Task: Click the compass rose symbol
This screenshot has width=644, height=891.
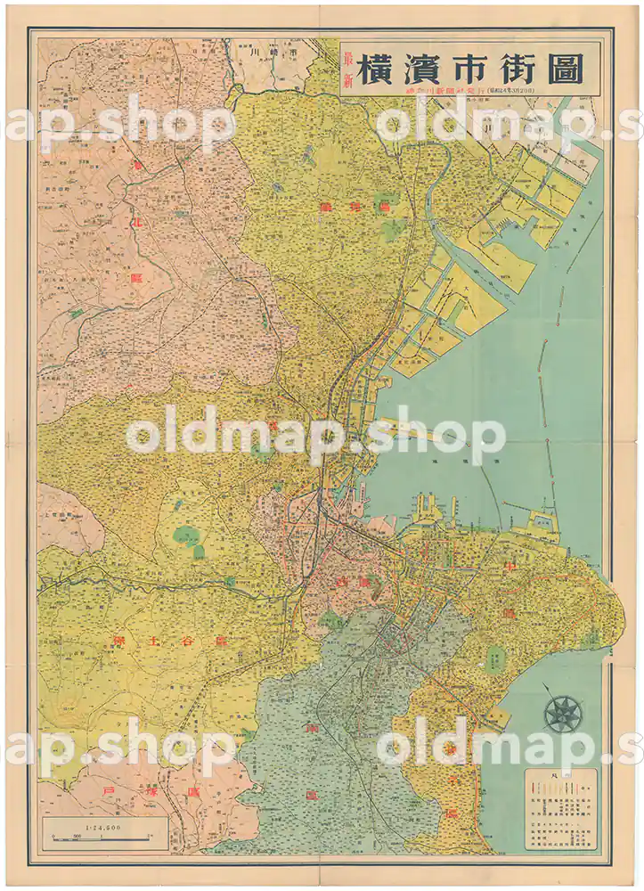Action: pos(563,714)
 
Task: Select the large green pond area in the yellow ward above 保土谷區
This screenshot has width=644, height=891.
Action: pos(185,536)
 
